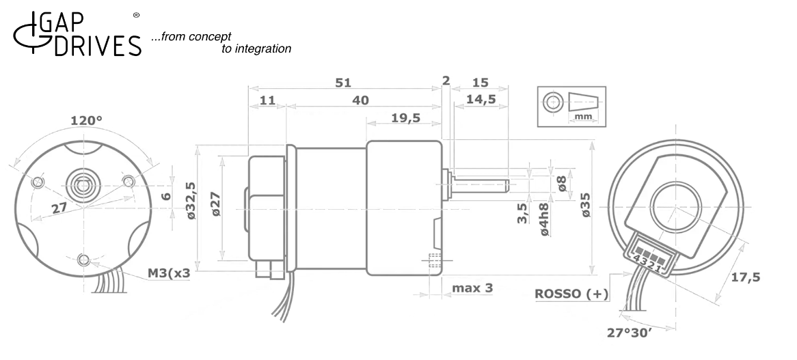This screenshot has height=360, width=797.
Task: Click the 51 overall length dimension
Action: pyautogui.click(x=344, y=83)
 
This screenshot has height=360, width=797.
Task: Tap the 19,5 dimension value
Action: pyautogui.click(x=405, y=118)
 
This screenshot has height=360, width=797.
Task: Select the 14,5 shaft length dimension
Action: pyautogui.click(x=481, y=100)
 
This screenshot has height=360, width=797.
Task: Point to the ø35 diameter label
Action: pyautogui.click(x=587, y=205)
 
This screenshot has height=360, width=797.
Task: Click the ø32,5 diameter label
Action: pyautogui.click(x=191, y=200)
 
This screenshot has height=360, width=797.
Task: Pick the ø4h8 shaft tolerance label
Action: pyautogui.click(x=544, y=219)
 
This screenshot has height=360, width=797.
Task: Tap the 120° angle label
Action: pyautogui.click(x=86, y=121)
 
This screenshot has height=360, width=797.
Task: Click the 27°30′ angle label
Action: pyautogui.click(x=630, y=333)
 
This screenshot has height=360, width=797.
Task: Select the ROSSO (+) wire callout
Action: pyautogui.click(x=571, y=294)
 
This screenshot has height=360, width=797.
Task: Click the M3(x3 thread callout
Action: pyautogui.click(x=169, y=273)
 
